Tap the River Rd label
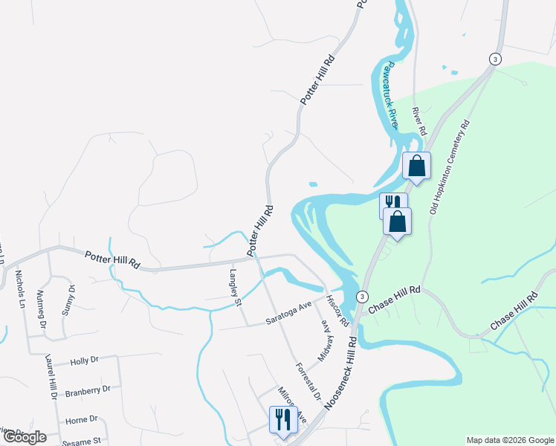coord(418,121)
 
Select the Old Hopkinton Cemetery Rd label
coord(450,167)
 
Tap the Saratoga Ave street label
coord(288,314)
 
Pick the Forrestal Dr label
coord(308,381)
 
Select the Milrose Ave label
coord(292,405)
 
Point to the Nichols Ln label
coord(20,289)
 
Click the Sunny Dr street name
coord(68,300)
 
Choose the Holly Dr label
coord(84,362)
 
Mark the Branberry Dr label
coord(88,390)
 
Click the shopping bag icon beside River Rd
coord(416,166)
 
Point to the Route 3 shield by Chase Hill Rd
coord(362,296)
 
